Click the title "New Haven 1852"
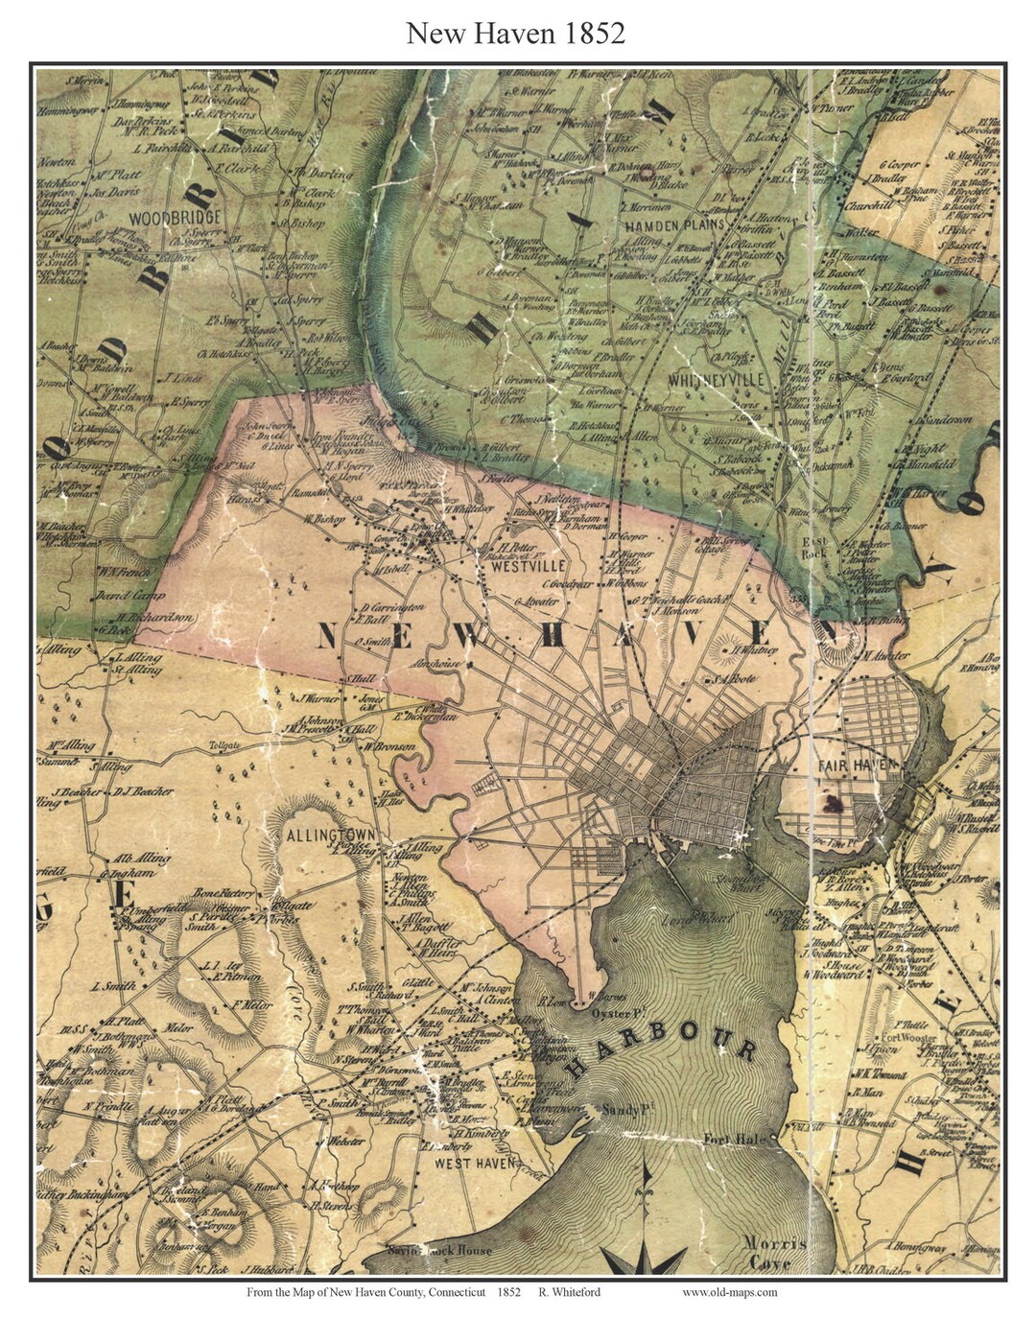(x=515, y=34)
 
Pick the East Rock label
(x=814, y=547)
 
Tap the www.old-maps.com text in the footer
(x=729, y=1292)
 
